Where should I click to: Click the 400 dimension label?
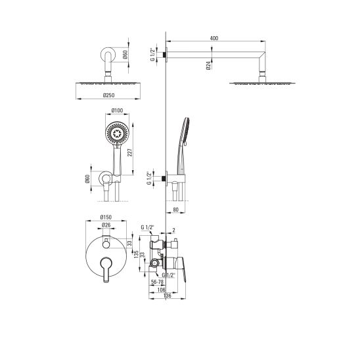pyautogui.click(x=214, y=38)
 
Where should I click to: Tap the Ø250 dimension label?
pyautogui.click(x=109, y=95)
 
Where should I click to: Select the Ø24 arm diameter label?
pyautogui.click(x=208, y=66)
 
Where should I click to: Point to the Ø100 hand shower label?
pyautogui.click(x=117, y=110)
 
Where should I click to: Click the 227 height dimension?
pyautogui.click(x=129, y=152)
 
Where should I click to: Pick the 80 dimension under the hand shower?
pyautogui.click(x=175, y=210)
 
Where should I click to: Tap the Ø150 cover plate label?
pyautogui.click(x=106, y=217)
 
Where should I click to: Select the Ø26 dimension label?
pyautogui.click(x=106, y=225)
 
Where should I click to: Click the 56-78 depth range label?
pyautogui.click(x=157, y=282)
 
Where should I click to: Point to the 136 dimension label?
pyautogui.click(x=167, y=296)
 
